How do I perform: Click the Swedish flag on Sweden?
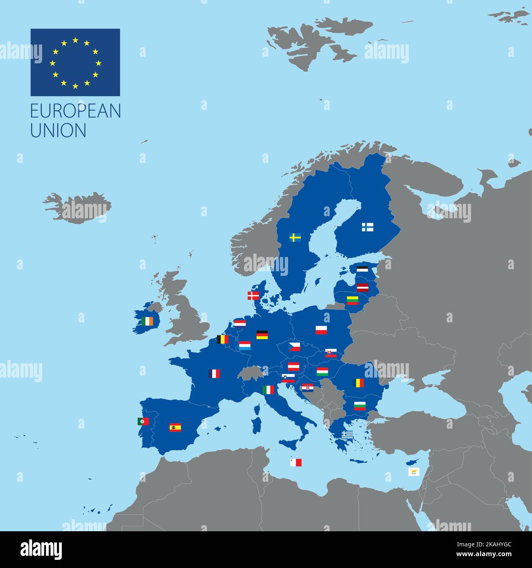coord(295,237)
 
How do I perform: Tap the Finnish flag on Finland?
coord(367,227)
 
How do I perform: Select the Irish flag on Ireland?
coord(149,322)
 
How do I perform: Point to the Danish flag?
coord(254,295)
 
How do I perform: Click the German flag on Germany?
coord(262,335)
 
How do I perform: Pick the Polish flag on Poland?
coord(321,330)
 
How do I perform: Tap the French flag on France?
coord(214,373)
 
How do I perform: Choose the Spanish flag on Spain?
coord(175,427)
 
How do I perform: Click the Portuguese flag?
coord(143,421)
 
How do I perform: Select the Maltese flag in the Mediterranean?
coord(296,462)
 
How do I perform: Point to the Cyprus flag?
coord(414,472)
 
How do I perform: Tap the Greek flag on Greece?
coord(348,434)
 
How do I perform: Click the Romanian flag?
coord(358,383)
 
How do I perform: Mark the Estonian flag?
coord(362,269)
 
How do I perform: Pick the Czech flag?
coord(294,347)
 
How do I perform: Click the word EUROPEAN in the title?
coord(76,111)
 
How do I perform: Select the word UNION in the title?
coord(59,130)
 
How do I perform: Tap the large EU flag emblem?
coord(75,63)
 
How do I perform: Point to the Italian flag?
coord(268,390)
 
